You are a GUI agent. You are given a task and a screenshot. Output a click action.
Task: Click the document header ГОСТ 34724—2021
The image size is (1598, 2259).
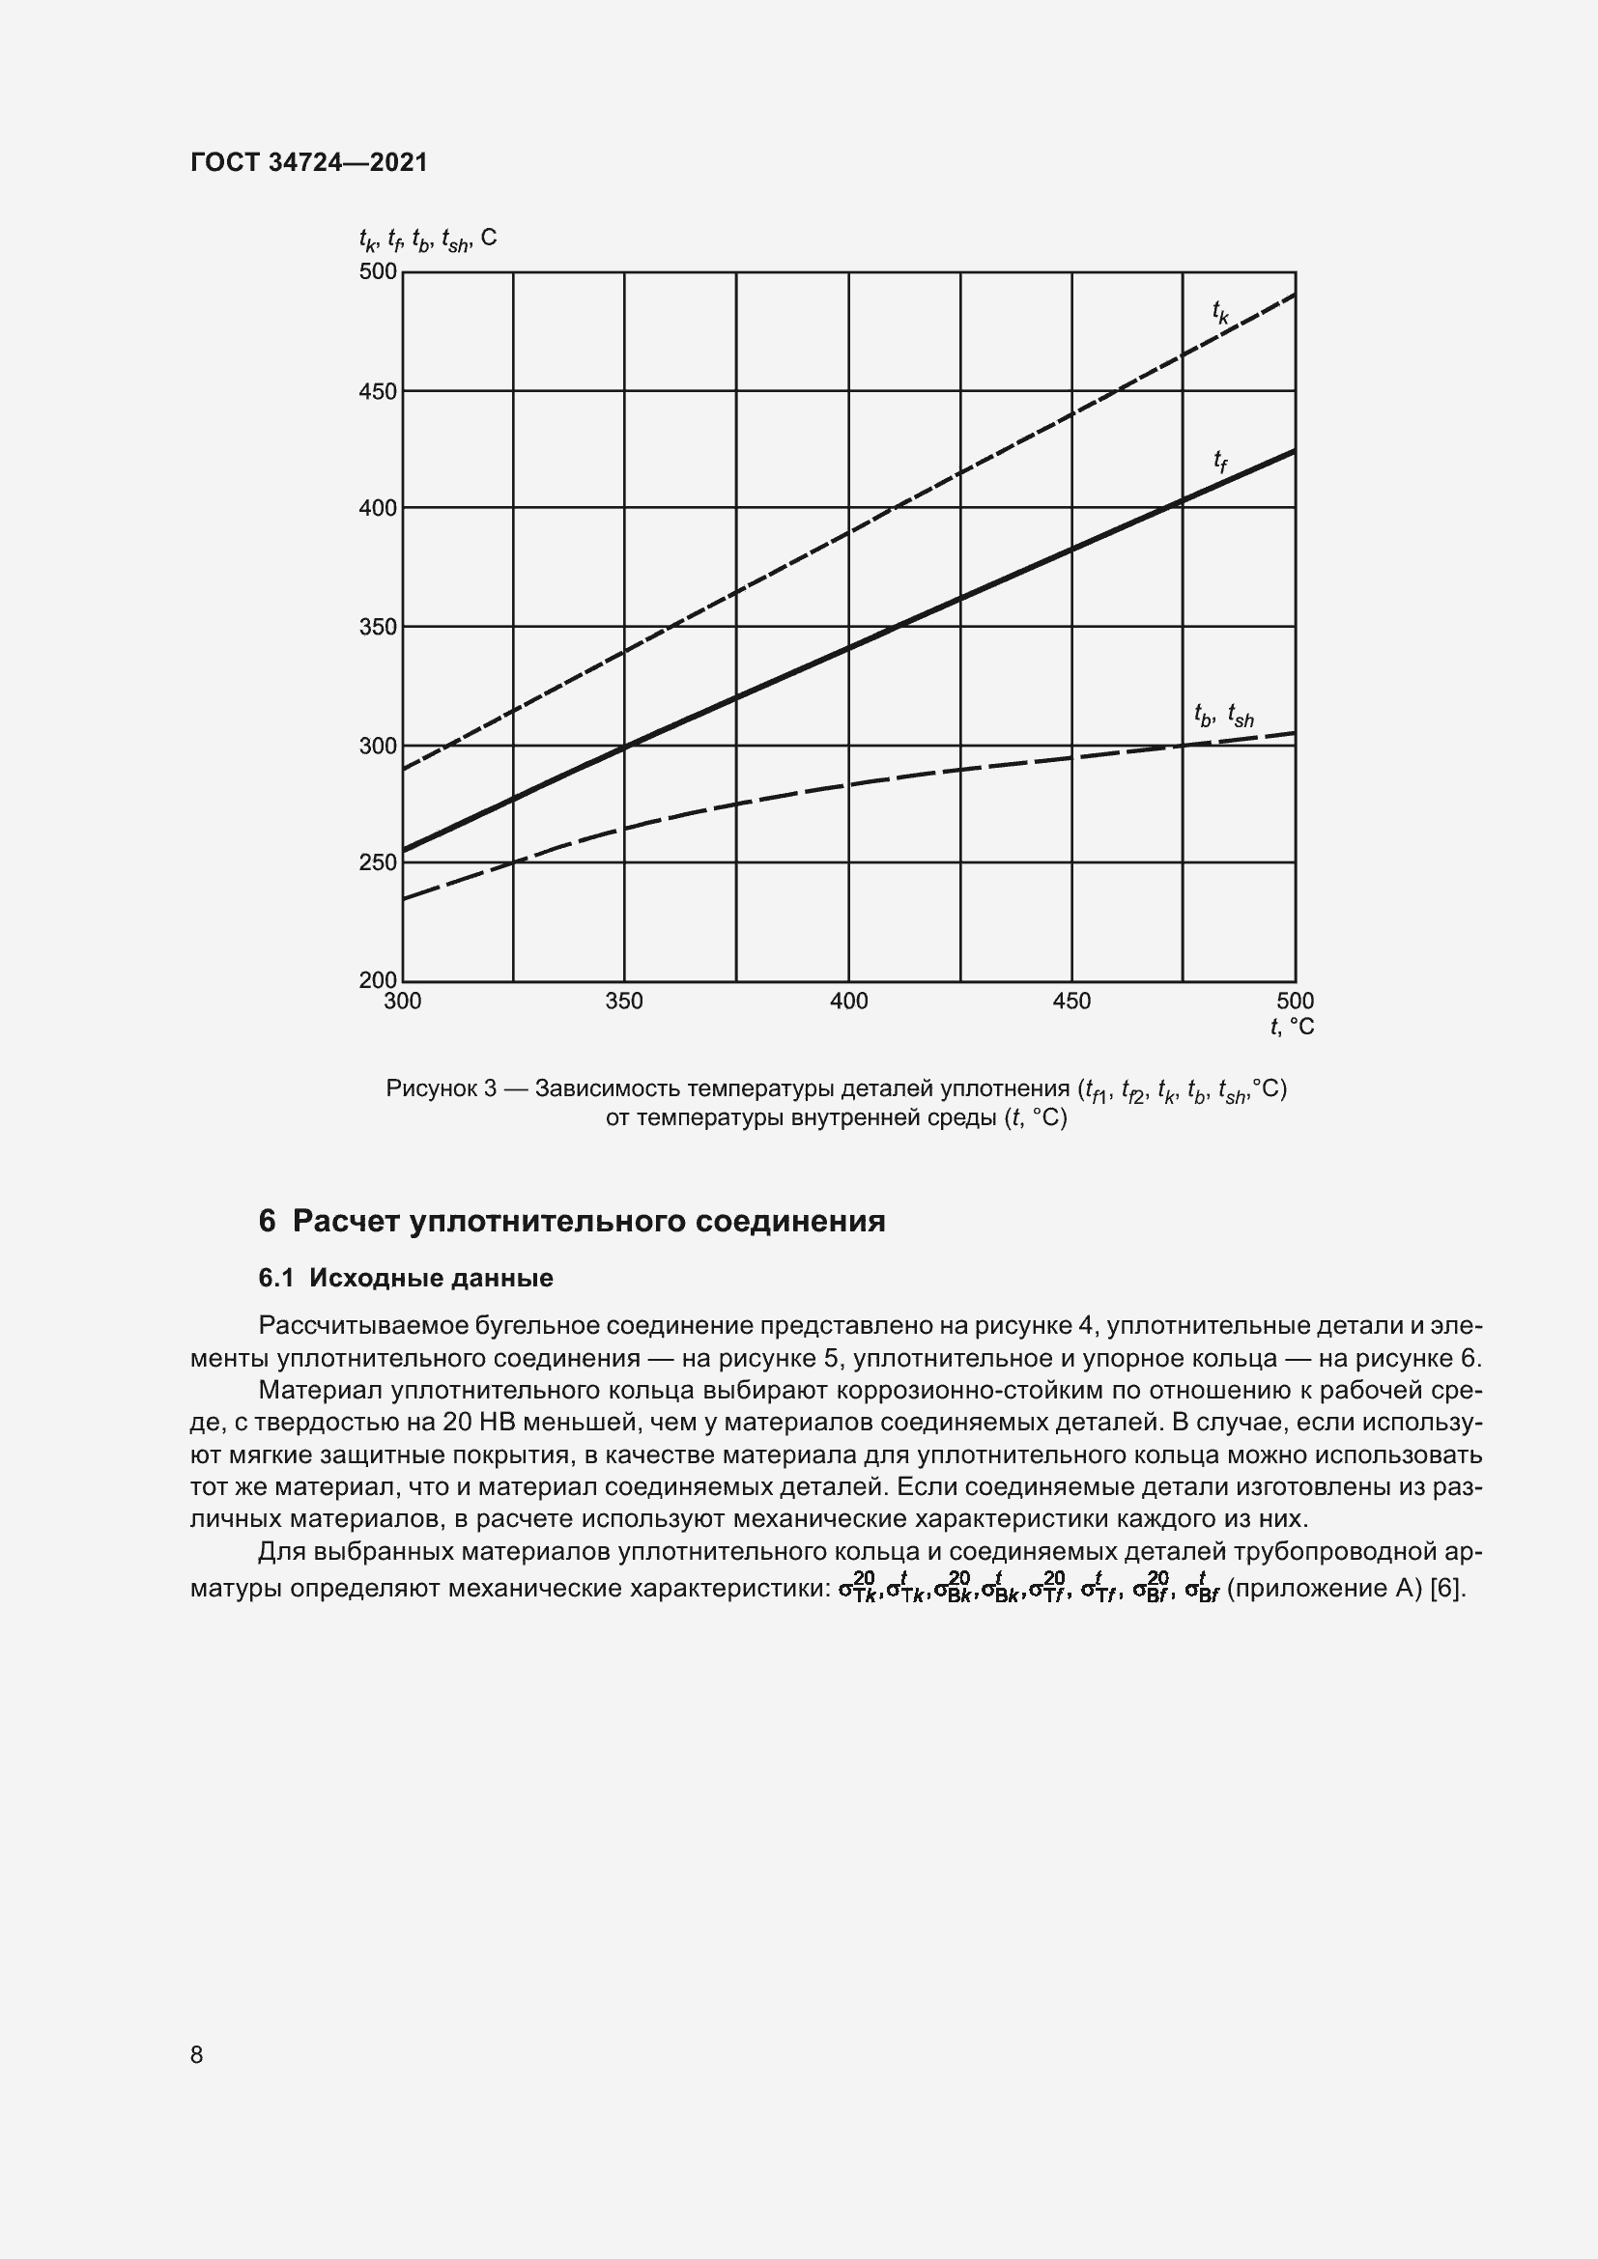(309, 162)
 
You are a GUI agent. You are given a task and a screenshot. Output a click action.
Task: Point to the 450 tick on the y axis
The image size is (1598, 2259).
(378, 391)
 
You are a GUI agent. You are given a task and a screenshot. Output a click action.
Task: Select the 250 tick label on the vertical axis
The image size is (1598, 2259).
(378, 861)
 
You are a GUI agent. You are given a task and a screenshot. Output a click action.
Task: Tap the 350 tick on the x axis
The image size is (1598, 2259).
(624, 1002)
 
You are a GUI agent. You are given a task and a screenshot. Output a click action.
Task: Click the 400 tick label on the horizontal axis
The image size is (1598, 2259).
(848, 1002)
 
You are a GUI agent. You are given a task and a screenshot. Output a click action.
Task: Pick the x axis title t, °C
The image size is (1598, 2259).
(1291, 1028)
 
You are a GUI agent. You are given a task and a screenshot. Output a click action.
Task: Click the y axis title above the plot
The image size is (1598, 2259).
(427, 240)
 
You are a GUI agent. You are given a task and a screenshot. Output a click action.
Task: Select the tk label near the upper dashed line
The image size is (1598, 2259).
(1220, 312)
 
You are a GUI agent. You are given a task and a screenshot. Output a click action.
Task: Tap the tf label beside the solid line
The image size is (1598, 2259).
(1220, 461)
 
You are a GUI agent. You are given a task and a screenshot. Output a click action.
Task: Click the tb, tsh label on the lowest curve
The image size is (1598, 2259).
(1223, 717)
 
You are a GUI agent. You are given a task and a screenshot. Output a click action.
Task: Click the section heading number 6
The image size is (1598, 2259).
(267, 1221)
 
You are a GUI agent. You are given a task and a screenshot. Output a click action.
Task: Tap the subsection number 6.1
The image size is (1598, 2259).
(276, 1278)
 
